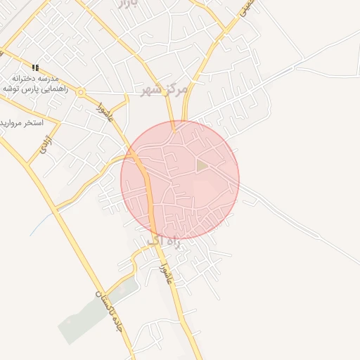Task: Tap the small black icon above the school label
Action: click(x=35, y=67)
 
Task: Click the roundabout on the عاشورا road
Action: click(x=81, y=92)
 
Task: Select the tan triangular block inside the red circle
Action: click(x=202, y=166)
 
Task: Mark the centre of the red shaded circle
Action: click(x=180, y=180)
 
